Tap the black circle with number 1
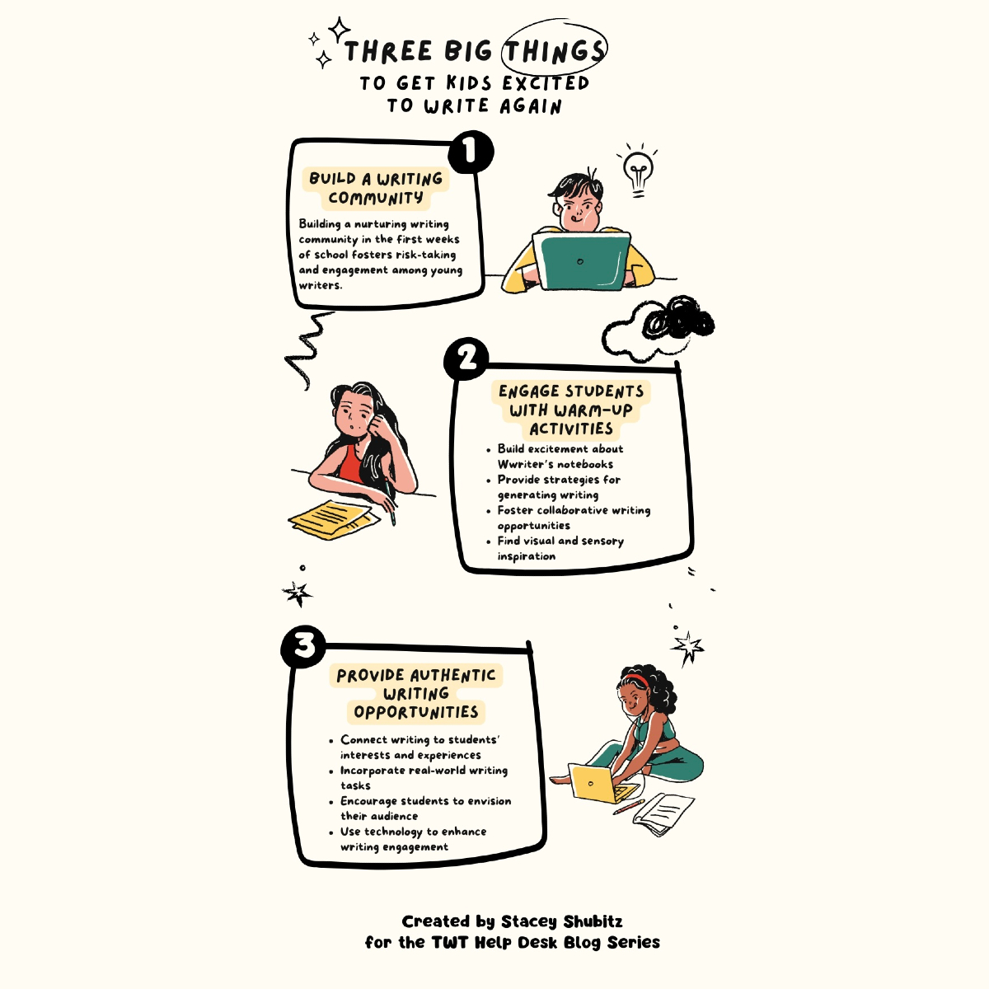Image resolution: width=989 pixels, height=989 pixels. coord(471,152)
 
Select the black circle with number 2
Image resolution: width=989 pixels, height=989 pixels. coord(466,359)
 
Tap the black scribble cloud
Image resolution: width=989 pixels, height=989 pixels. coord(677,319)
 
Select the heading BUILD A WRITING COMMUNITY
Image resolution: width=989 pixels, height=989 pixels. coord(376,188)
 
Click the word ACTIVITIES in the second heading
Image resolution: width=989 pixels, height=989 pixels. coord(571,429)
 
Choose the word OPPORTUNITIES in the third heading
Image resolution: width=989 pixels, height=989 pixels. coord(416,712)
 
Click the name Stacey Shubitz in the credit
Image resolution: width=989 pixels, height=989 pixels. coord(561,921)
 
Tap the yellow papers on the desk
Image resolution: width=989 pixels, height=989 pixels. coord(334,517)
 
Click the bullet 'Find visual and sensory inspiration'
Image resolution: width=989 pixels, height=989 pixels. coord(560,548)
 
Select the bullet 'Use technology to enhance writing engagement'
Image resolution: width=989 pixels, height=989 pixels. coord(413,839)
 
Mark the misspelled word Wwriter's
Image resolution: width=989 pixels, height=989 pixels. coord(523,464)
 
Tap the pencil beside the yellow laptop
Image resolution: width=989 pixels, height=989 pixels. coord(629,806)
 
